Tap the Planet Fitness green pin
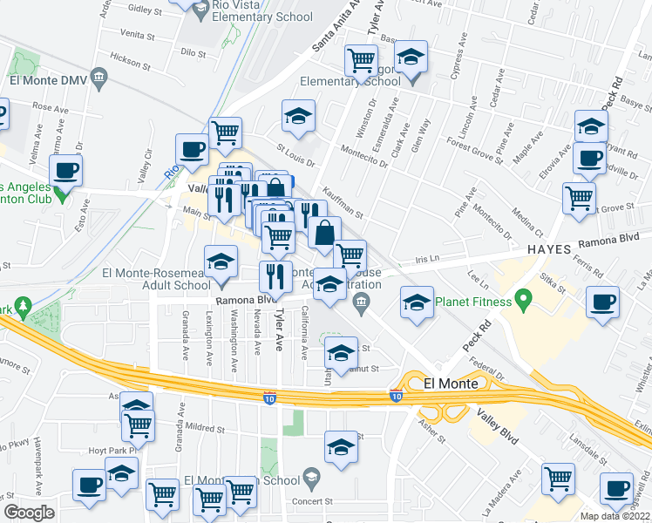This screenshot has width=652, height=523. click(524, 301)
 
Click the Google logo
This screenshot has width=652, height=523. click(29, 512)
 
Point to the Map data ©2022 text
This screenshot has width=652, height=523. click(615, 516)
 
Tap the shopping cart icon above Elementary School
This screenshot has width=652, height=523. click(361, 59)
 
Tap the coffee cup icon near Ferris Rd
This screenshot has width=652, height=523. click(601, 302)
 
